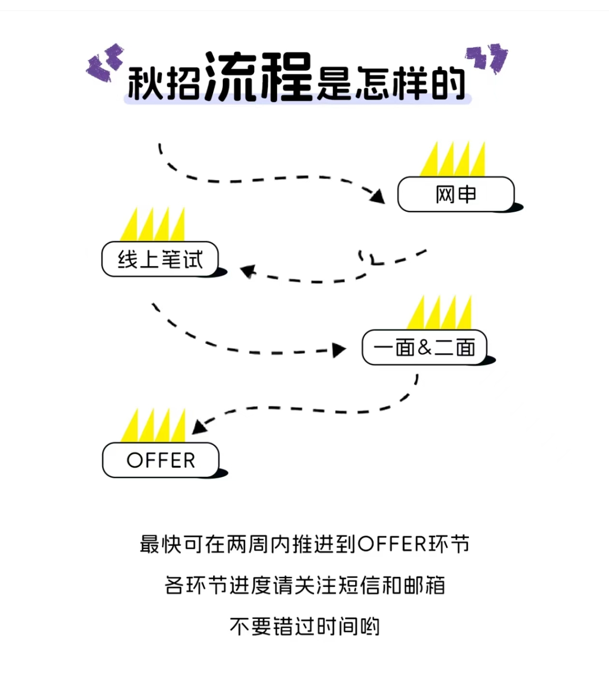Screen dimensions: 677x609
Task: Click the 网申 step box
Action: pos(455,194)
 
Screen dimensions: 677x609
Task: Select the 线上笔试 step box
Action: pos(160,259)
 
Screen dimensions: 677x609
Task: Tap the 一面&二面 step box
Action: pos(424,347)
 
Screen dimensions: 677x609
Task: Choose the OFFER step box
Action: pos(160,460)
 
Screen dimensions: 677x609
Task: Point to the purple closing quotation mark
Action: pos(488,58)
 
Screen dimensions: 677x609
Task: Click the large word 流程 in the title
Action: pos(259,77)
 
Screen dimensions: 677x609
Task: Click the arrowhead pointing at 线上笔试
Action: pos(248,271)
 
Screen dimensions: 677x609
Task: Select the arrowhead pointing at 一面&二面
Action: pos(340,350)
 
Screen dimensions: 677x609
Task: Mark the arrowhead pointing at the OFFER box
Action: pos(199,426)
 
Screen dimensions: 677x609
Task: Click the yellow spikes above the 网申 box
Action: pos(453,160)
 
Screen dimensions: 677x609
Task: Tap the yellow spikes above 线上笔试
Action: pos(153,225)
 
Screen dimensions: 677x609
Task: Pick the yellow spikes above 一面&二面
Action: pos(440,313)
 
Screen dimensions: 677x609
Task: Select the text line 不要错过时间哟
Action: pos(304,627)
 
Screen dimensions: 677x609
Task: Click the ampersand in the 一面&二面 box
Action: pos(424,347)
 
